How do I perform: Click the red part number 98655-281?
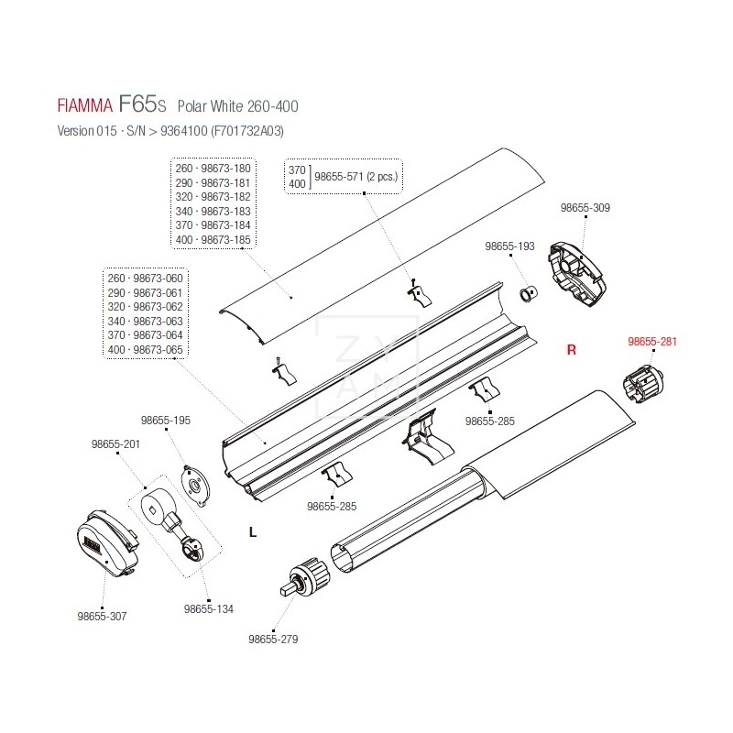click(x=651, y=342)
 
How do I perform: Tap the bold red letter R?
click(x=571, y=350)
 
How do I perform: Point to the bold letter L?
click(x=252, y=531)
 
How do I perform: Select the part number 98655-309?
click(x=585, y=208)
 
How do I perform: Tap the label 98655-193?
click(x=509, y=247)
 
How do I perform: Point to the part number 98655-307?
click(x=103, y=617)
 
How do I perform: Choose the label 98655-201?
click(x=115, y=444)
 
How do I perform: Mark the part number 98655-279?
click(x=273, y=639)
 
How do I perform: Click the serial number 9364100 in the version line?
click(x=181, y=131)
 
